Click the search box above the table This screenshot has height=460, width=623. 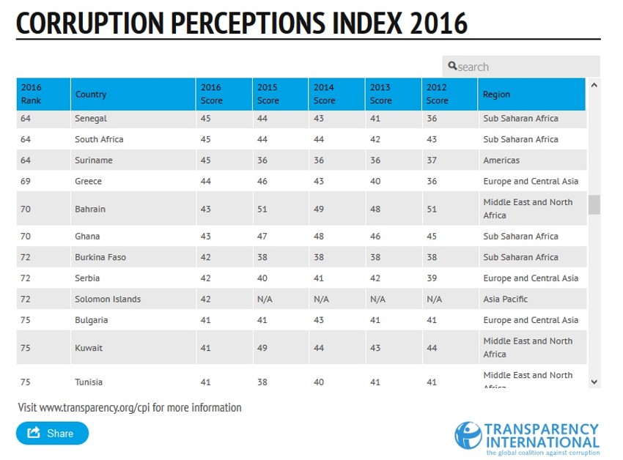click(x=521, y=67)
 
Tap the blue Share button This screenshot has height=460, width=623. click(x=52, y=433)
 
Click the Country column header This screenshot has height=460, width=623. click(x=91, y=94)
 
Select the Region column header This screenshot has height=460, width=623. click(x=496, y=94)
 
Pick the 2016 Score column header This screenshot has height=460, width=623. click(x=211, y=94)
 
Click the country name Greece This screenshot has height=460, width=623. click(x=88, y=181)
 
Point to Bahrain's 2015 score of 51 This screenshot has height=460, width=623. click(x=262, y=209)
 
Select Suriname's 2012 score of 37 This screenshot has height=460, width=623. click(x=432, y=160)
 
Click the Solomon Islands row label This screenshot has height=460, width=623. click(x=108, y=299)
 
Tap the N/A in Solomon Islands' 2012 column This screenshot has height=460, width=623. click(x=435, y=299)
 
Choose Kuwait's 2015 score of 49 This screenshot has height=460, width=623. click(x=262, y=348)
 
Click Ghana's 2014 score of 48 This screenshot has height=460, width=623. click(x=319, y=237)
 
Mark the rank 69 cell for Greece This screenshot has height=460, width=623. click(x=26, y=181)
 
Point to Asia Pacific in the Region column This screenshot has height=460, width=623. click(x=505, y=299)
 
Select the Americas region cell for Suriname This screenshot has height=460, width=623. click(x=501, y=160)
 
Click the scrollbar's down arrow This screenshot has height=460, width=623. click(x=594, y=382)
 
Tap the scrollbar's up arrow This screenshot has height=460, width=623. click(x=594, y=86)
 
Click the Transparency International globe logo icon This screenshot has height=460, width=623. click(x=468, y=435)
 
